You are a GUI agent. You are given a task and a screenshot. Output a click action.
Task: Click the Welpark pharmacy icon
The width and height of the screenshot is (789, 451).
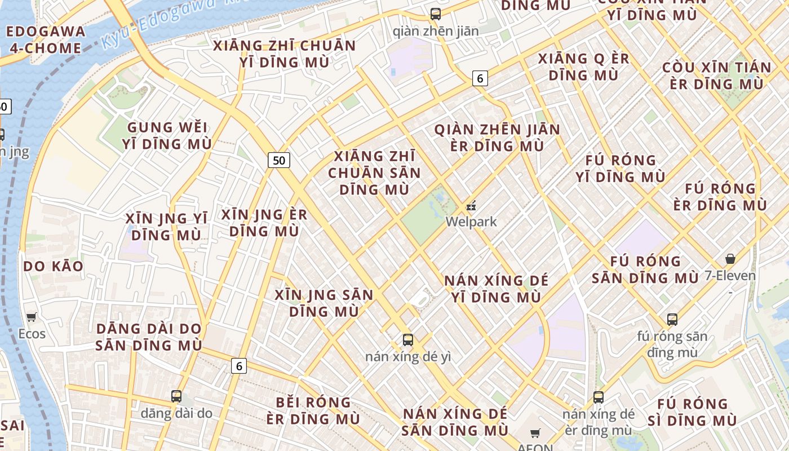(471, 206)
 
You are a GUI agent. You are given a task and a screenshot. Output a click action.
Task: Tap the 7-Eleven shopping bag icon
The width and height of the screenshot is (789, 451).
(730, 259)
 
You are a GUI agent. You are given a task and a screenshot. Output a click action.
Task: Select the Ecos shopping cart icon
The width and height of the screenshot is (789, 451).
(32, 317)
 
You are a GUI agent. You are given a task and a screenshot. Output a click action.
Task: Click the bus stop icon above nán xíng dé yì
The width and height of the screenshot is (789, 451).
(408, 340)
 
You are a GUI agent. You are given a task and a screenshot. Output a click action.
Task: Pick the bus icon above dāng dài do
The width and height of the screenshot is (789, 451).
(176, 396)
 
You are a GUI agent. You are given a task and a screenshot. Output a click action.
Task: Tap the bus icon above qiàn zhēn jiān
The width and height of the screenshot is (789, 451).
(436, 14)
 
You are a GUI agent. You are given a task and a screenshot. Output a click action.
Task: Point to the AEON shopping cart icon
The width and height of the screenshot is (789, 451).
(535, 434)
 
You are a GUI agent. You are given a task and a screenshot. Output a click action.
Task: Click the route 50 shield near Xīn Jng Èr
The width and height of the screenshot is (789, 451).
(279, 160)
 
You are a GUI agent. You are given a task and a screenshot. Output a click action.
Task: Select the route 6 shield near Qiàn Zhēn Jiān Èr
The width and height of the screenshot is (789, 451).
(480, 78)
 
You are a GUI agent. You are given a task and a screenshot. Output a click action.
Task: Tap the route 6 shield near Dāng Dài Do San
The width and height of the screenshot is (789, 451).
(239, 366)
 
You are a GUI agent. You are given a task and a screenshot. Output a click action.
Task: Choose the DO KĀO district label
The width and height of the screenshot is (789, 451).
(54, 266)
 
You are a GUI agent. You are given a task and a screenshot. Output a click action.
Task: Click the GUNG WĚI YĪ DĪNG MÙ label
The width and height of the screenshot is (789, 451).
(167, 135)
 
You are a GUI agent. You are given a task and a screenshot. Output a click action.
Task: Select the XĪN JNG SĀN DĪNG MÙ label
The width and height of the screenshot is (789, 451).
(324, 303)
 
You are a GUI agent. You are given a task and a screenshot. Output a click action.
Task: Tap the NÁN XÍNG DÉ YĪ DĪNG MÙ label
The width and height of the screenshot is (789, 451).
(496, 289)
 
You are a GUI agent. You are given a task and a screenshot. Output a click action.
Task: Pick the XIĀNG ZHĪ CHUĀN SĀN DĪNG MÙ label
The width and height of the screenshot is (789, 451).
(375, 173)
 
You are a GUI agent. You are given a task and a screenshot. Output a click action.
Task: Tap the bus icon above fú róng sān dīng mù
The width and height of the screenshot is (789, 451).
(672, 320)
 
